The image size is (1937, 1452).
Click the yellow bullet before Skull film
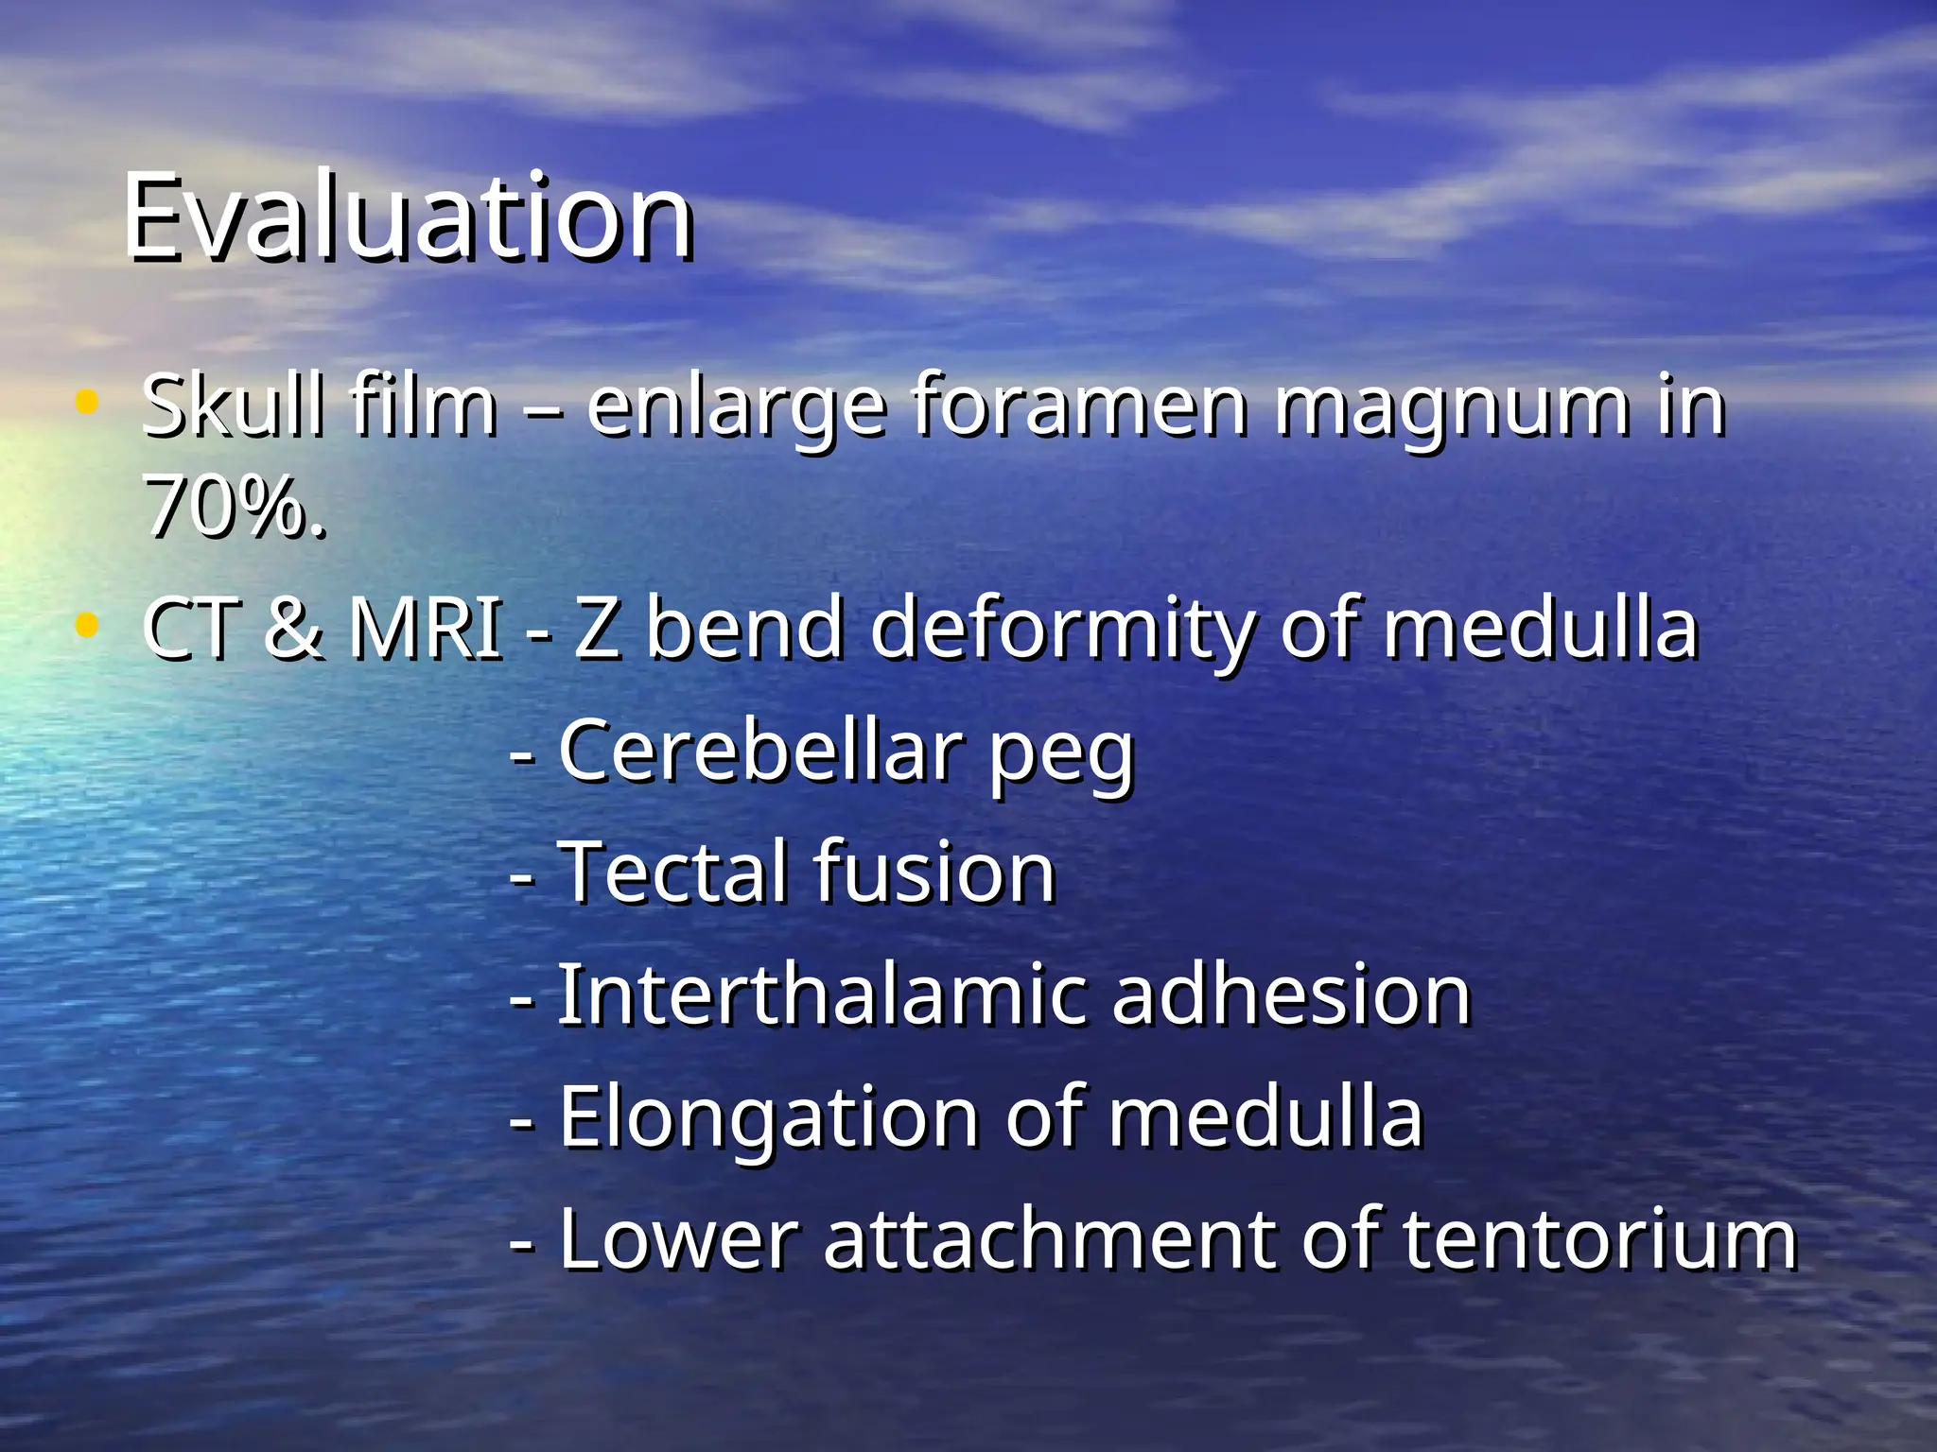86,403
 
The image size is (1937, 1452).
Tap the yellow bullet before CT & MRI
86,625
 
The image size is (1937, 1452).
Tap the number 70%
235,508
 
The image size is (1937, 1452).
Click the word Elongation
769,1120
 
